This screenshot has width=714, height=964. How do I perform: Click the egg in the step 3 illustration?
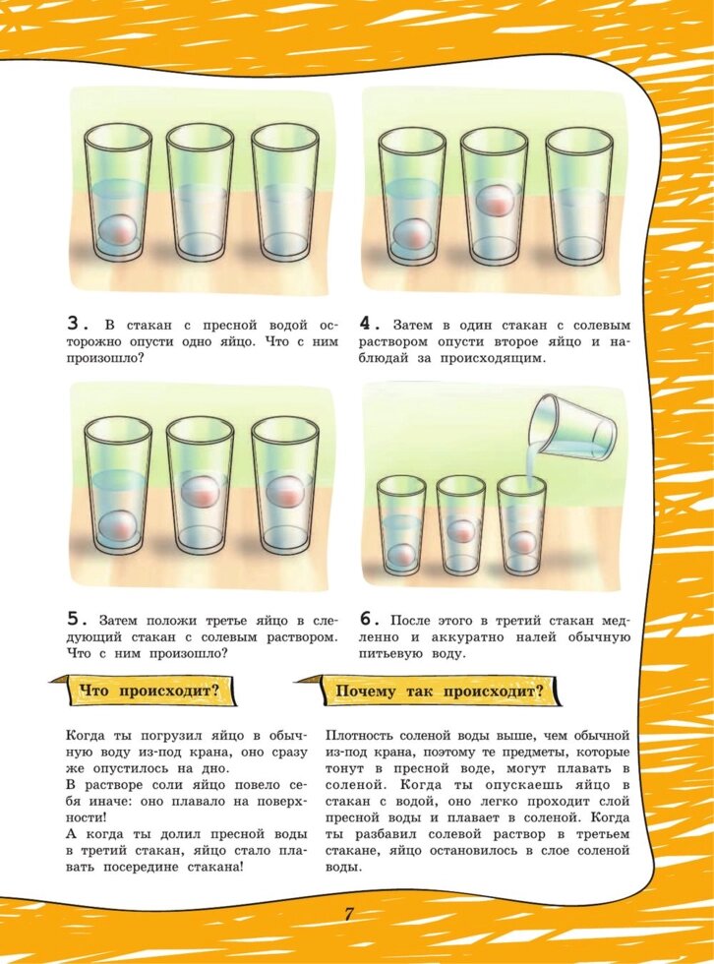pos(117,231)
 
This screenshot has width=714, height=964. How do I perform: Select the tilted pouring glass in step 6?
pos(572,429)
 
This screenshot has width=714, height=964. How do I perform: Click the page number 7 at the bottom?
pos(348,914)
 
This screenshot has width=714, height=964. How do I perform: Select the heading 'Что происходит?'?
pos(149,691)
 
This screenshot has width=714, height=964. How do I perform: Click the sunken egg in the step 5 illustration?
pos(117,525)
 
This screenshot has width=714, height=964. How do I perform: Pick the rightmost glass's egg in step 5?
pos(285,493)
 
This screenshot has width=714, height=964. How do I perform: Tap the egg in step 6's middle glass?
pos(461,531)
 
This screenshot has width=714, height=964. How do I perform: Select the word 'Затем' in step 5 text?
pos(120,621)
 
